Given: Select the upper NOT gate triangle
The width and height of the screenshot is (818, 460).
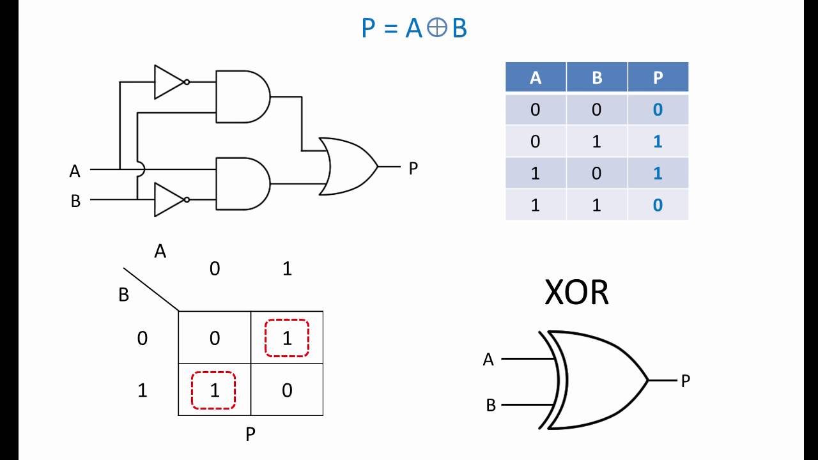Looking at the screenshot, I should coord(168,82).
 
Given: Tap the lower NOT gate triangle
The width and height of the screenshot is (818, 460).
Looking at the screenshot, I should coord(168,200).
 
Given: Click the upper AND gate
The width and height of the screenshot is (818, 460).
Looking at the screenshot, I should coord(242,96).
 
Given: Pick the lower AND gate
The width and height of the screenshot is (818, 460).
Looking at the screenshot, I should coord(242,183).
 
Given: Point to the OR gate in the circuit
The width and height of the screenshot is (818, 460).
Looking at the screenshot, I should coord(346,166).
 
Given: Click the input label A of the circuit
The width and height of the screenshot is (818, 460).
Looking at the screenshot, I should coord(75,171).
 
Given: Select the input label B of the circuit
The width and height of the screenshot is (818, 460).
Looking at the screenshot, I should coord(75,201).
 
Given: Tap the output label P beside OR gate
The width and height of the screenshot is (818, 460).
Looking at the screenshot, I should coord(413,169).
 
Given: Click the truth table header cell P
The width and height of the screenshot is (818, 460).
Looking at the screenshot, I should coord(658,78).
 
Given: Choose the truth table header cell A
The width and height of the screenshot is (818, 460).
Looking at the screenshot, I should coord(536,78).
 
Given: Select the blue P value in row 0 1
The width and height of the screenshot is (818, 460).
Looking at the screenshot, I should coord(658,141).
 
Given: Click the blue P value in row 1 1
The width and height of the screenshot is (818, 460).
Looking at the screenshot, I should coord(658,205).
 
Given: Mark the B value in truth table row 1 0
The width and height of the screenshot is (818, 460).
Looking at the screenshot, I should coord(596,173).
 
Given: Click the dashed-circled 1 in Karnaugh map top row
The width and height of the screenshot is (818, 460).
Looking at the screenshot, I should coord(287,338).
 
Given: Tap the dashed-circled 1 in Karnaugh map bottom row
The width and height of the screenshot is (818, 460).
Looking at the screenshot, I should coord(214,390).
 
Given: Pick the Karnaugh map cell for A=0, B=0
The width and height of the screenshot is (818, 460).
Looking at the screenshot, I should coord(214,338).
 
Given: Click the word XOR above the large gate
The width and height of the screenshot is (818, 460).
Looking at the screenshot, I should coord(576,293).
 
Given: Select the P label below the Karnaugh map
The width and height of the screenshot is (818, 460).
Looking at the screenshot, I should coord(251,434).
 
